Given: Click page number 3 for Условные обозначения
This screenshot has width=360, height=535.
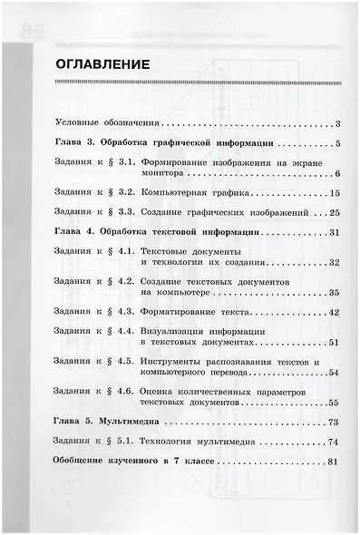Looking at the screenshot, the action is click(336, 122).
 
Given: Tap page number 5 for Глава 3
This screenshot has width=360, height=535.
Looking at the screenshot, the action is click(336, 142).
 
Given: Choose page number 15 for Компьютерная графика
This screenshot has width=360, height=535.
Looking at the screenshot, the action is click(334, 193).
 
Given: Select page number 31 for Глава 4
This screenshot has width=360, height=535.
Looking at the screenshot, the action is click(334, 232).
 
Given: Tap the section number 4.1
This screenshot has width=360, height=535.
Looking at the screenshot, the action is click(126, 251).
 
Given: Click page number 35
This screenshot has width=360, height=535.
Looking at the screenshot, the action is click(334, 293).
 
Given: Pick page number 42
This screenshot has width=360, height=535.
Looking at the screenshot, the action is click(334, 312).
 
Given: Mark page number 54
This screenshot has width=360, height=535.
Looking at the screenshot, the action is click(334, 373).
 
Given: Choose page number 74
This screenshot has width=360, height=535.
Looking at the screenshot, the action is click(334, 442).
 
